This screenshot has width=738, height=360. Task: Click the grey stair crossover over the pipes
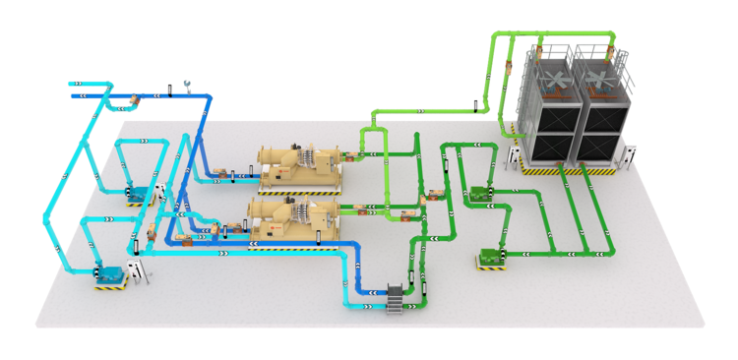click(x=398, y=294)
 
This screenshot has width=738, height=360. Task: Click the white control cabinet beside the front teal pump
click(x=144, y=271)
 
